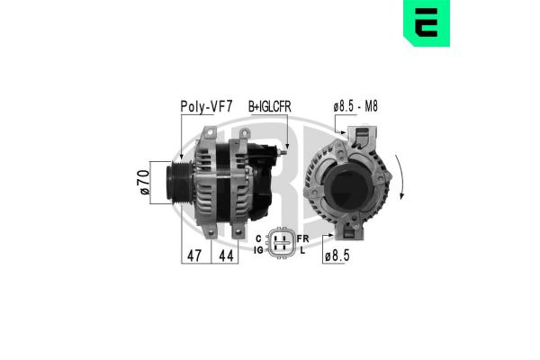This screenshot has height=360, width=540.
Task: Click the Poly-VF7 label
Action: (205, 106)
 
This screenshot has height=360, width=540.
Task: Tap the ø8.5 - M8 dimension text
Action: (355, 106)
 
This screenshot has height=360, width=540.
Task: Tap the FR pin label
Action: (301, 237)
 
